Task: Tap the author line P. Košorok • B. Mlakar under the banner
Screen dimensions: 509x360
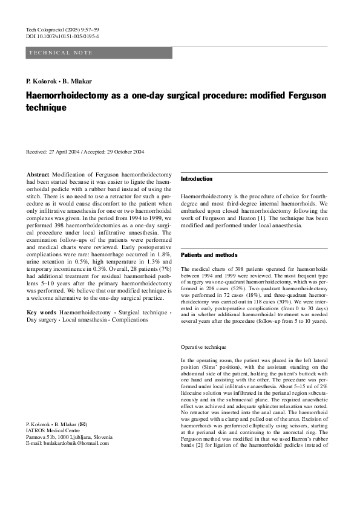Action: click(59, 81)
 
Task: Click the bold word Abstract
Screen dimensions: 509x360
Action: click(38, 175)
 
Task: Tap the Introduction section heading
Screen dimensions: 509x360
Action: click(197, 179)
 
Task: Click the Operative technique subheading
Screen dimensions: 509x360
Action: click(204, 348)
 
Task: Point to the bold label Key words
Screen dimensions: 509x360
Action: click(41, 312)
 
